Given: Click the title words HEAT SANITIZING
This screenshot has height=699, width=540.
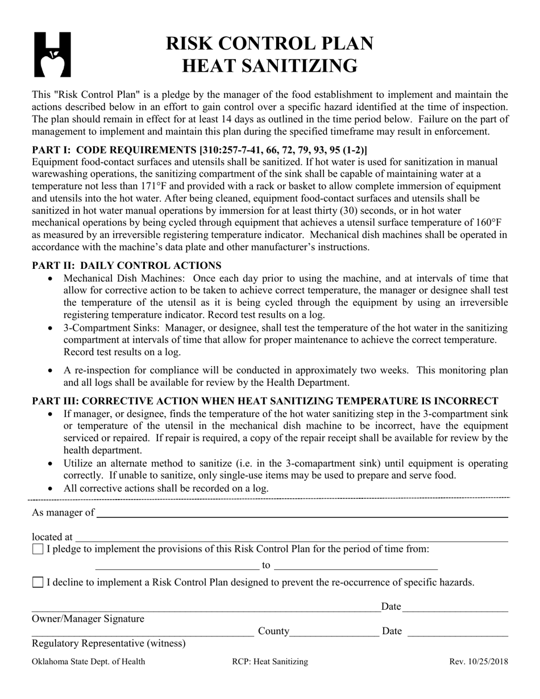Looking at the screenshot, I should tap(269, 66).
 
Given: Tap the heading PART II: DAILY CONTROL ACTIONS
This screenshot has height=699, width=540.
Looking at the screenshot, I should tap(127, 265).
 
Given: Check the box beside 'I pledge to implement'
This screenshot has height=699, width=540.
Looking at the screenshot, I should tap(38, 550).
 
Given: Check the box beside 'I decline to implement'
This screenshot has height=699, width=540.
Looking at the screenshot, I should tap(38, 582).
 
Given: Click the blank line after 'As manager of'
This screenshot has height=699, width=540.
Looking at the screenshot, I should tap(301, 514).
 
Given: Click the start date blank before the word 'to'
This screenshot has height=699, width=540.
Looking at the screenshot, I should tap(177, 567).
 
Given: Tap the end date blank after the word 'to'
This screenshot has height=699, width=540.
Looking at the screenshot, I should tap(356, 567).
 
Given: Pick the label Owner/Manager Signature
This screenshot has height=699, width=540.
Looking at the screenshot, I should tap(88, 619).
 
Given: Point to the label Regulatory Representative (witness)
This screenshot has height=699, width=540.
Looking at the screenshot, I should tap(109, 643).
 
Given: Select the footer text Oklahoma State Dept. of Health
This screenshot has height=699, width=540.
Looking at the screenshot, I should tap(88, 661).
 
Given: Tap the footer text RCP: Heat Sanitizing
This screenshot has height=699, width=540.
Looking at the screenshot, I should tap(270, 661).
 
